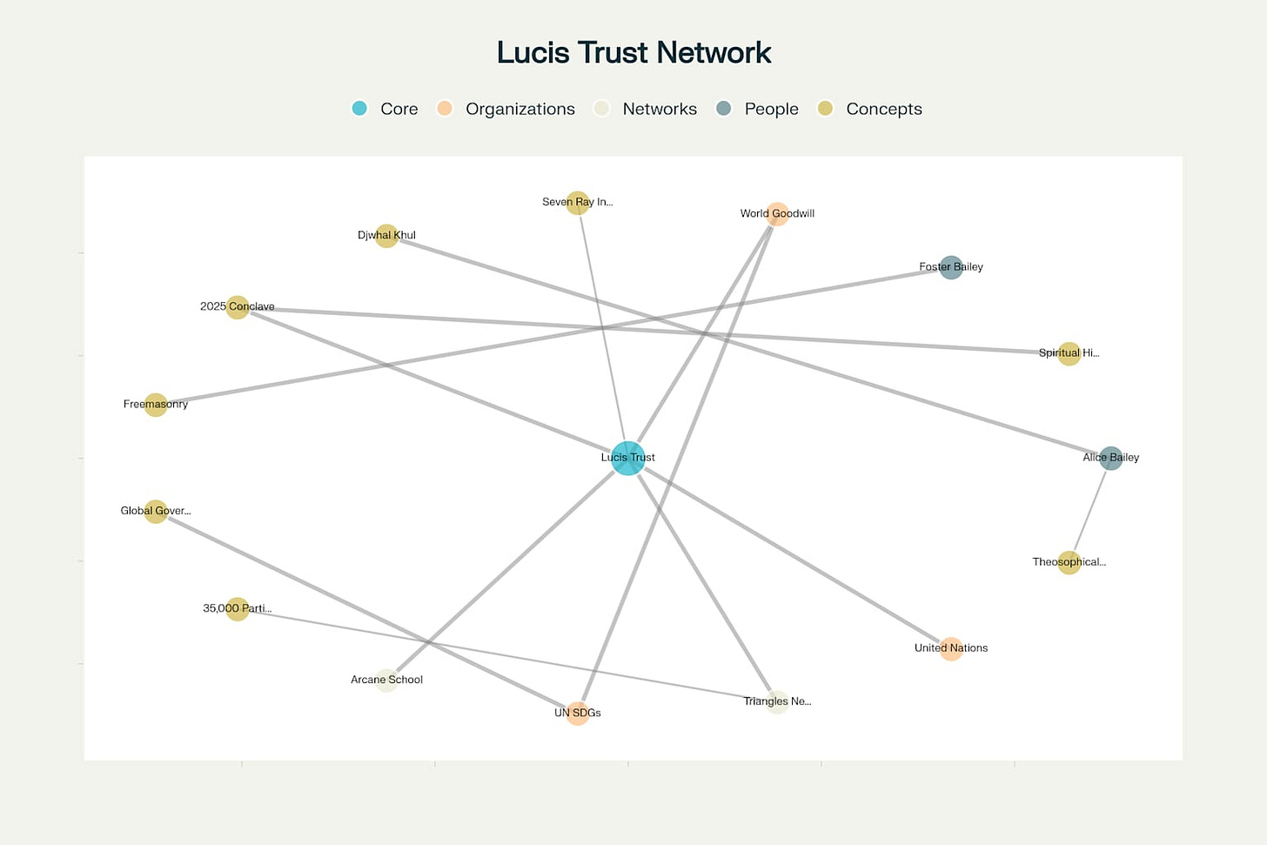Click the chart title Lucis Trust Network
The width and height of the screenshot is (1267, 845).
click(x=633, y=53)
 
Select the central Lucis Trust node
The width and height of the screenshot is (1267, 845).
click(x=627, y=458)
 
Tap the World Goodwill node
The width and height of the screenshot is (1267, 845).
click(x=777, y=214)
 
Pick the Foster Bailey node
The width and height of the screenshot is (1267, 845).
click(x=951, y=267)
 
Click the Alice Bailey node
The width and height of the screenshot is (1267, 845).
click(x=1110, y=458)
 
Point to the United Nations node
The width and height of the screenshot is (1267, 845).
click(x=950, y=648)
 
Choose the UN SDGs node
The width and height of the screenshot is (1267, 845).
click(x=578, y=714)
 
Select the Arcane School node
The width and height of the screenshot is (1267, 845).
click(x=387, y=681)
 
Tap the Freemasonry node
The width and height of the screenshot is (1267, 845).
click(x=156, y=405)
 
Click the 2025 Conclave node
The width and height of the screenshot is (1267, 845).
click(x=238, y=307)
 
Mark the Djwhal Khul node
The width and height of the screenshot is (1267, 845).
click(x=386, y=236)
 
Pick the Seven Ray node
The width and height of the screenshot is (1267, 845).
click(x=578, y=203)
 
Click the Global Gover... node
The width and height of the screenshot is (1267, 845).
click(x=156, y=511)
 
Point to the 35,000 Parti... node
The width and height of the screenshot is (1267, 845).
click(x=238, y=608)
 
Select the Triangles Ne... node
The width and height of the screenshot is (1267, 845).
click(x=777, y=702)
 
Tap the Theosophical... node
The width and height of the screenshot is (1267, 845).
click(x=1069, y=562)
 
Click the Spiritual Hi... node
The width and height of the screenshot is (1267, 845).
click(x=1069, y=353)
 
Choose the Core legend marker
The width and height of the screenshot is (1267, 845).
click(x=359, y=109)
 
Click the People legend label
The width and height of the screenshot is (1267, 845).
click(x=771, y=109)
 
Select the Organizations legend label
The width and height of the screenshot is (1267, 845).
click(x=520, y=109)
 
